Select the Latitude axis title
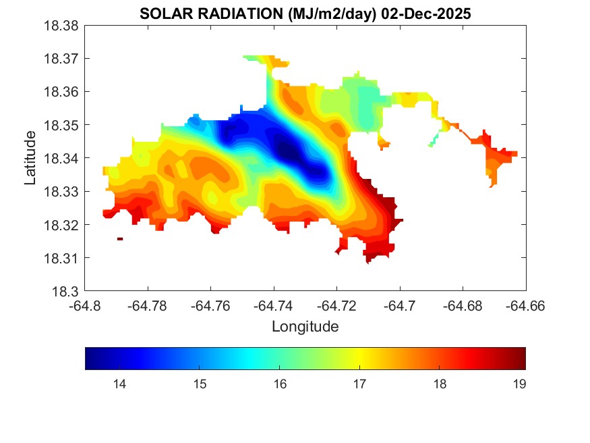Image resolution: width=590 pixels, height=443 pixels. click(x=30, y=158)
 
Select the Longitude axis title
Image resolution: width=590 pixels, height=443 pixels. click(x=305, y=327)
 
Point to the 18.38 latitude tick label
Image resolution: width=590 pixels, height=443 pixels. click(x=63, y=26)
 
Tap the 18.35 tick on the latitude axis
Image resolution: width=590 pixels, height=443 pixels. click(x=63, y=125)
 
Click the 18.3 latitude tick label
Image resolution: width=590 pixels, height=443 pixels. click(x=68, y=292)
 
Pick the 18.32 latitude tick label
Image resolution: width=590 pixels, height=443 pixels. click(x=63, y=225)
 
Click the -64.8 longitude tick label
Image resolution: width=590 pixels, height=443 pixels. click(x=86, y=306)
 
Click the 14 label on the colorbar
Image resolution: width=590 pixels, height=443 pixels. click(x=119, y=385)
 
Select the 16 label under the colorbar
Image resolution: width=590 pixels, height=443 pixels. click(x=279, y=385)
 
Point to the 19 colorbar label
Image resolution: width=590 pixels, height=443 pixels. click(x=519, y=385)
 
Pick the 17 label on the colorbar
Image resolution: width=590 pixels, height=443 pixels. click(x=359, y=385)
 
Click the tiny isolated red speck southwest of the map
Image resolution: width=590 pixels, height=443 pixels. click(x=120, y=238)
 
